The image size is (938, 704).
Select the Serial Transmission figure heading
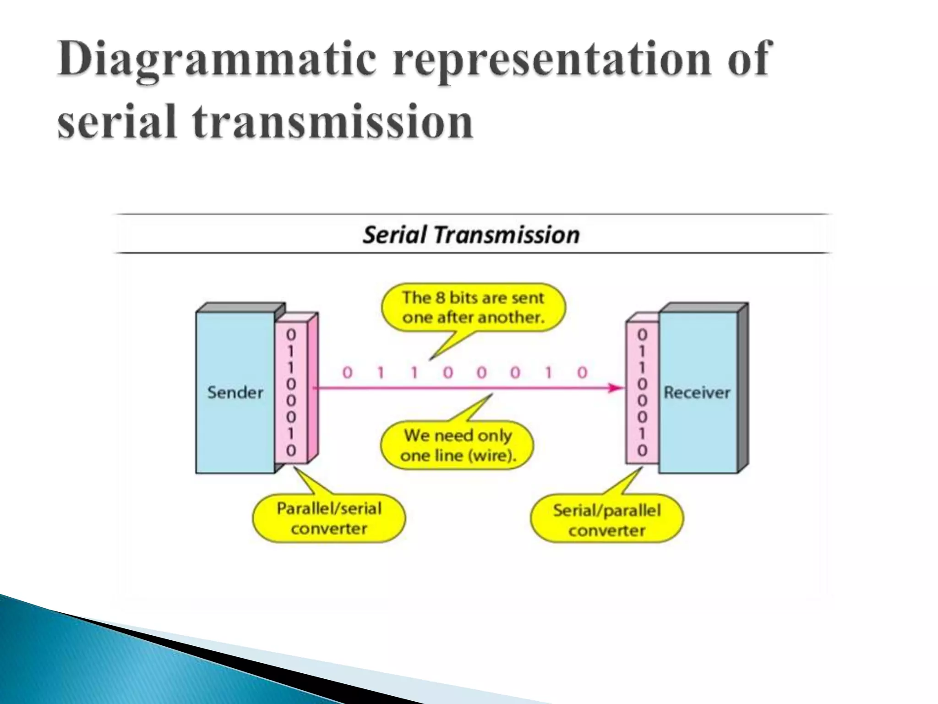click(x=471, y=235)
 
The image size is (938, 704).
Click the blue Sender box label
click(x=235, y=392)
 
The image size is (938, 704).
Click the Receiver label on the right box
click(x=697, y=392)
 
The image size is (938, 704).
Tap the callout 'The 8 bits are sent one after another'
click(x=473, y=308)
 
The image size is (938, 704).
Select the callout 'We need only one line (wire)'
click(x=458, y=445)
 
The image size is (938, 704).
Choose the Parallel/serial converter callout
click(x=329, y=518)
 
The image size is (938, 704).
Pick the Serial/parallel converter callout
click(x=606, y=520)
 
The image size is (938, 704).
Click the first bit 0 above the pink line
click(x=347, y=373)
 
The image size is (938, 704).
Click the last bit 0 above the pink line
click(x=582, y=373)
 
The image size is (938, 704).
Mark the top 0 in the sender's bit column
click(x=291, y=335)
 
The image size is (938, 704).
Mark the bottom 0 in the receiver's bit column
click(x=642, y=451)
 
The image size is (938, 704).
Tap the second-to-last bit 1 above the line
click(x=548, y=373)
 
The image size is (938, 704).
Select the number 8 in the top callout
click(x=440, y=298)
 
